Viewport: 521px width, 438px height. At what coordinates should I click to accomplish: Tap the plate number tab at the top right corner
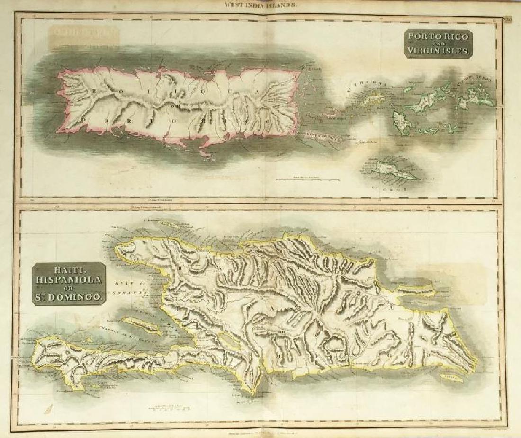click(506, 19)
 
